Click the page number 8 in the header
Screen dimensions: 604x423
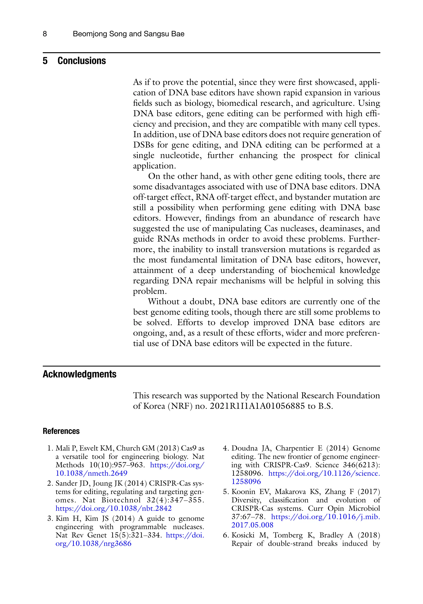pyautogui.click(x=45, y=34)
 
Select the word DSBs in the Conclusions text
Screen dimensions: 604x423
pyautogui.click(x=143, y=145)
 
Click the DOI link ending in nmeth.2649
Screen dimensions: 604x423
pyautogui.click(x=91, y=473)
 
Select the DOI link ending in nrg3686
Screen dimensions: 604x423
pyautogui.click(x=93, y=543)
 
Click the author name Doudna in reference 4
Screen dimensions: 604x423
pyautogui.click(x=244, y=448)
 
